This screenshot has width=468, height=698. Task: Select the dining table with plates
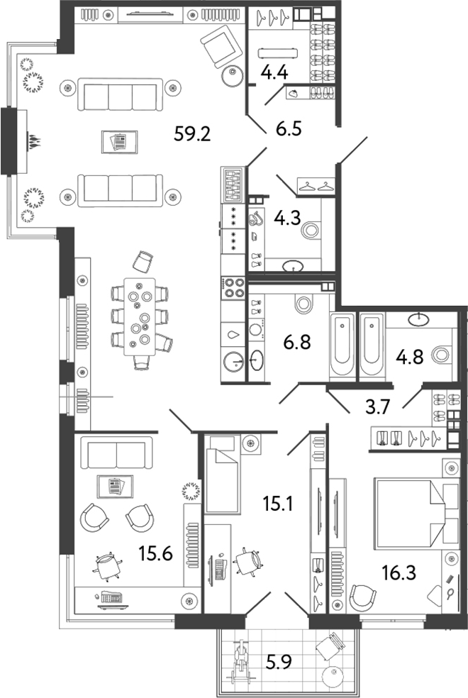[x=141, y=316]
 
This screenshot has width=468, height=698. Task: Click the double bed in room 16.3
[x=408, y=511]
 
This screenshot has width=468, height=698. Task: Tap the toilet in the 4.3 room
[x=309, y=230]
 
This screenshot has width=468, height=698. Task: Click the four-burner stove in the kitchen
[x=233, y=287]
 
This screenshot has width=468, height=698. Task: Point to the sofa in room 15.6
[x=116, y=451]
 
